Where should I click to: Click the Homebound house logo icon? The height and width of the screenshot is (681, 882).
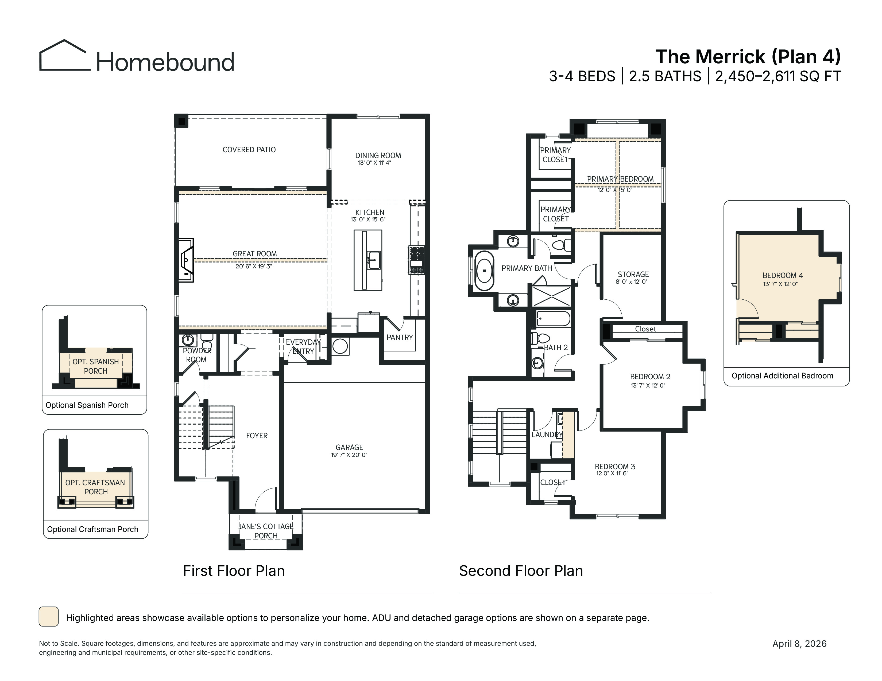tap(65, 56)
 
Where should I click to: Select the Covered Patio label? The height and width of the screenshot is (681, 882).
tap(249, 150)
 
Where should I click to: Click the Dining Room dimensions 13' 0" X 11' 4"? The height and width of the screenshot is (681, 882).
tap(374, 163)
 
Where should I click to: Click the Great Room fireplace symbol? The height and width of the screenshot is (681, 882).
tap(187, 260)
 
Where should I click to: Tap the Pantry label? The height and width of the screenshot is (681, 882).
tap(400, 337)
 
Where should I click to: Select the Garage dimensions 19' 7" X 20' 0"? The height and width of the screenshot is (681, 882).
tap(349, 455)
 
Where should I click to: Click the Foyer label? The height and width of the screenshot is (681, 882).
tap(257, 436)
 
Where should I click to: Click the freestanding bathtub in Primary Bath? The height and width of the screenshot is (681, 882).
tap(484, 271)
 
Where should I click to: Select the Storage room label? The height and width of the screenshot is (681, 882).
tap(633, 274)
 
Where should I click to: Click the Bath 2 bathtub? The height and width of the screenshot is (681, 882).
tap(553, 319)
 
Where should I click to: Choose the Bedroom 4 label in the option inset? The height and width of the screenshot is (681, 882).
tap(783, 276)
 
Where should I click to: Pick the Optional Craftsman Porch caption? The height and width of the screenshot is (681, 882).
tap(92, 529)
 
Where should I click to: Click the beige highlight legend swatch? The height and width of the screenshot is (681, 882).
tap(48, 616)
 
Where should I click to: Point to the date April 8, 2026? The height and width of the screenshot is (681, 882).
tap(800, 644)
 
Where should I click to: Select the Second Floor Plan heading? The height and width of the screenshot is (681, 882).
tap(521, 571)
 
